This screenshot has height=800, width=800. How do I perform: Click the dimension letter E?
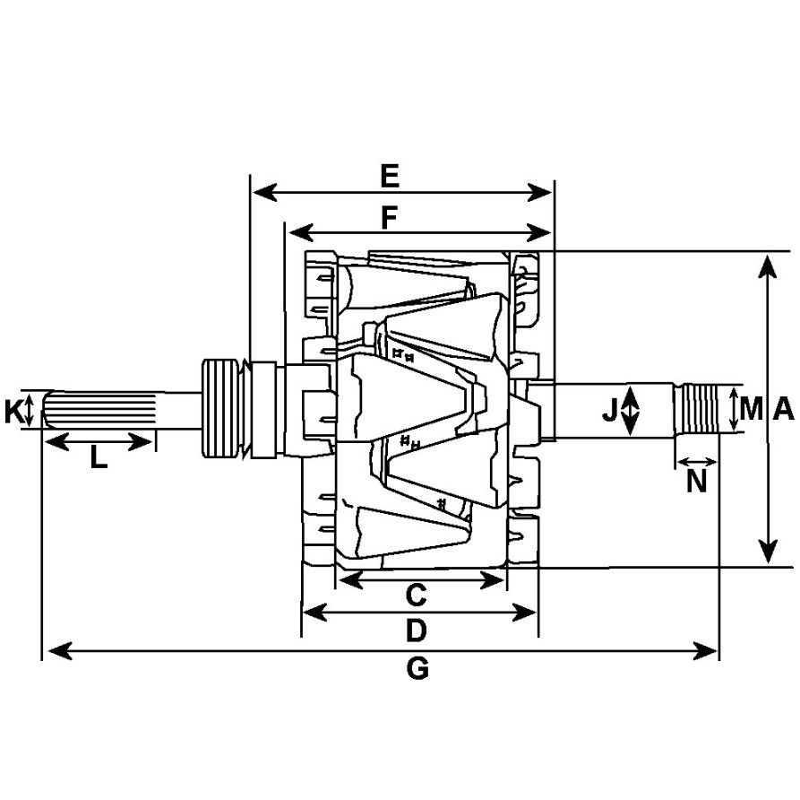(390, 177)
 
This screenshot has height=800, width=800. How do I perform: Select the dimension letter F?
(389, 218)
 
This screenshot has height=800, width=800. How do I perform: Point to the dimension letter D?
(416, 630)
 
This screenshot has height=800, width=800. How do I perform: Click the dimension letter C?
(417, 596)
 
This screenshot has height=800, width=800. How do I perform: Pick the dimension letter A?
(784, 409)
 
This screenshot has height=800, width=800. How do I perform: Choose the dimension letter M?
(751, 409)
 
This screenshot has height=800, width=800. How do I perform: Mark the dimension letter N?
(696, 482)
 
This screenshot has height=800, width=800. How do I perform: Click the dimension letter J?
(610, 410)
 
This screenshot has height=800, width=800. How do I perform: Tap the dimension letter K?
(13, 413)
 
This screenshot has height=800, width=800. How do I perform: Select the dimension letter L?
(99, 457)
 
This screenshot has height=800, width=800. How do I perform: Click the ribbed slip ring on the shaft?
(220, 408)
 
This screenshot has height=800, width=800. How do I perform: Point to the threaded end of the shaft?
(696, 409)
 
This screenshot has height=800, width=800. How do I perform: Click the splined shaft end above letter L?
(99, 409)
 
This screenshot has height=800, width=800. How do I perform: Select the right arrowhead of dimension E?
(540, 193)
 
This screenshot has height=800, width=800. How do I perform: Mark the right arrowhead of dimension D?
(524, 612)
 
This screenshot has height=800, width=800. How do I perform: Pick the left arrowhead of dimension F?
(301, 233)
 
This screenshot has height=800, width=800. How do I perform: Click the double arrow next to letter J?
(631, 410)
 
